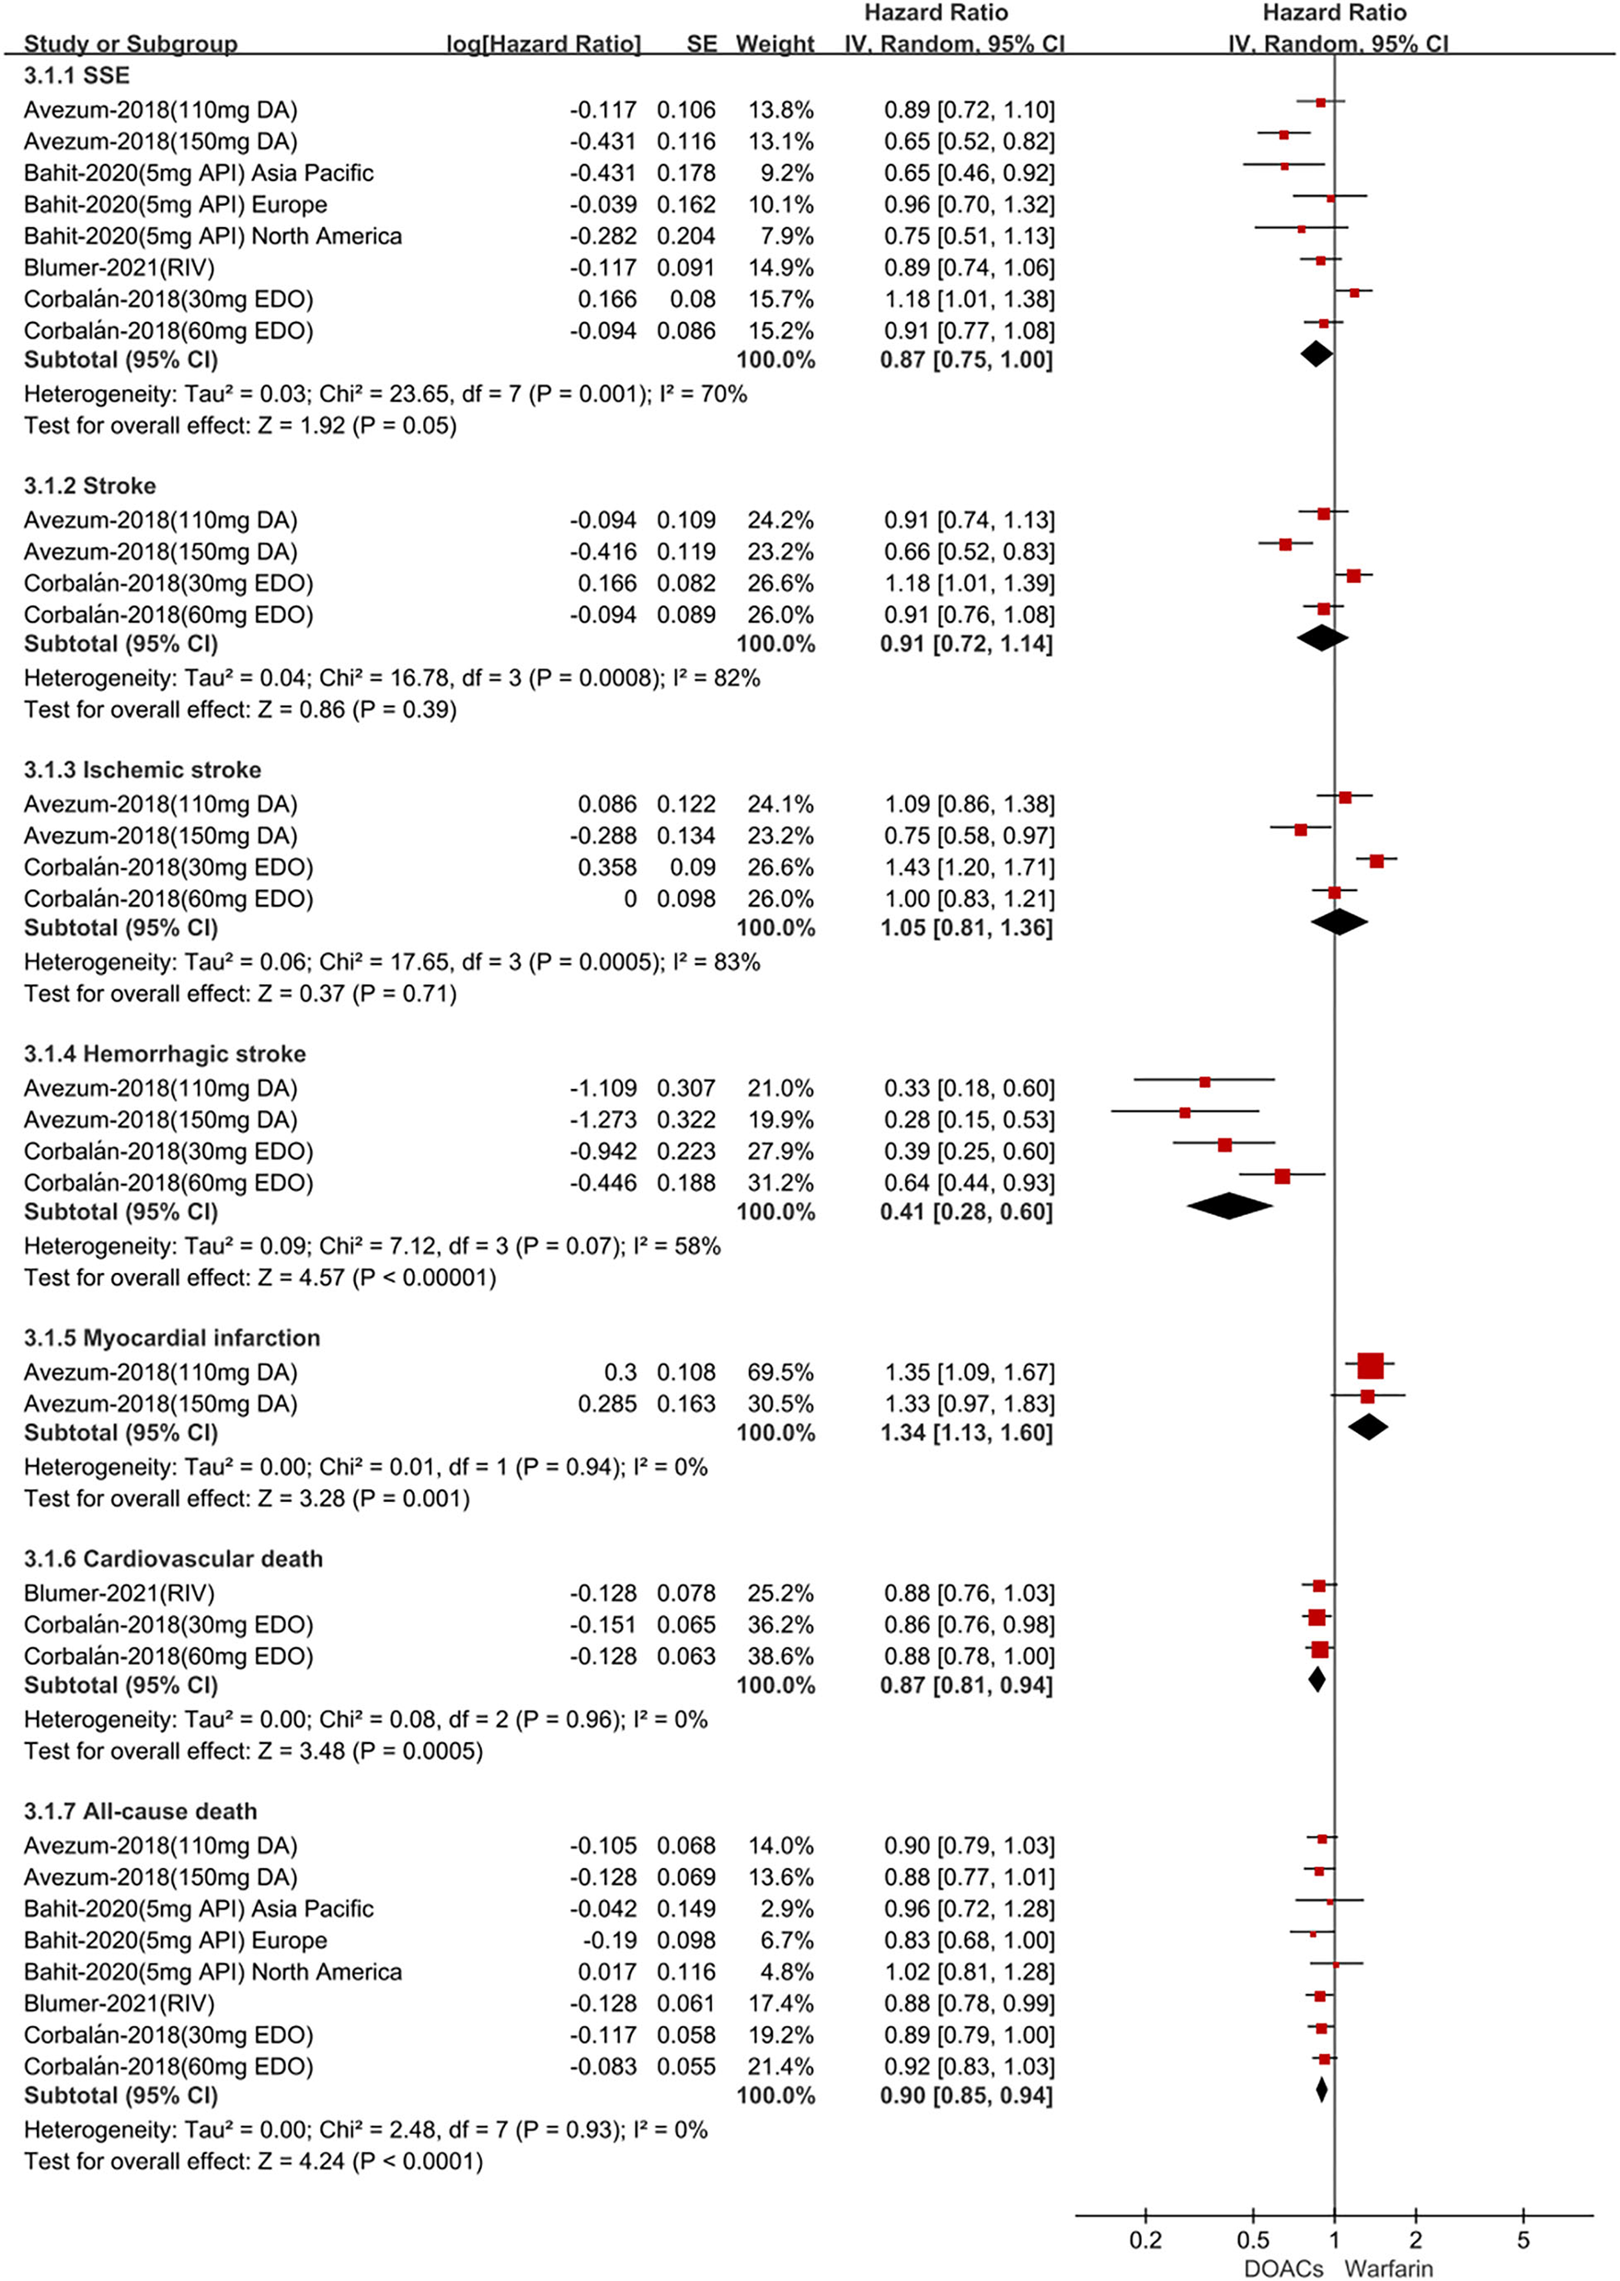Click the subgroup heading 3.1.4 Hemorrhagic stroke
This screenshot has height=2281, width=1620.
[x=165, y=1053]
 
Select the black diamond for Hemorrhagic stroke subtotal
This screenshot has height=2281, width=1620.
[x=1229, y=1206]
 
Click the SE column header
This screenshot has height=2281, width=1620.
[x=701, y=44]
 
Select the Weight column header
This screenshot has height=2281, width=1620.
[x=776, y=44]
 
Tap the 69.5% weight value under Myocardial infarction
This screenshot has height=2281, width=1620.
[x=781, y=1371]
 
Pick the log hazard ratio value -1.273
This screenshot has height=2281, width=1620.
[x=603, y=1119]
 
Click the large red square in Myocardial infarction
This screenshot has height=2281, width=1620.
[x=1371, y=1366]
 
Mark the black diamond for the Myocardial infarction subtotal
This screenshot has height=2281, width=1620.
[x=1368, y=1427]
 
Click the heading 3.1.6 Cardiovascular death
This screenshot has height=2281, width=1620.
[x=174, y=1558]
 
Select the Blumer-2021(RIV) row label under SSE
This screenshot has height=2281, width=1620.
[x=119, y=268]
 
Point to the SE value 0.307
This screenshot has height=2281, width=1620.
[x=685, y=1087]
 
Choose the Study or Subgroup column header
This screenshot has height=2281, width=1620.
[x=131, y=44]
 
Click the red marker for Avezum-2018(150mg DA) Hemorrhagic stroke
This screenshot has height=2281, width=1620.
[x=1184, y=1112]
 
